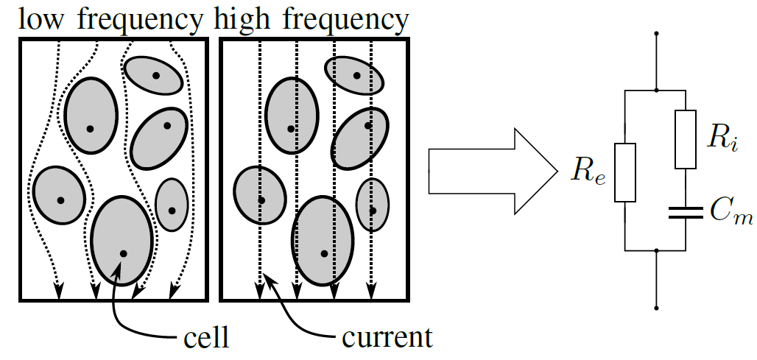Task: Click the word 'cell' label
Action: pyautogui.click(x=205, y=339)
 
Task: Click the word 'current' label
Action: pyautogui.click(x=387, y=339)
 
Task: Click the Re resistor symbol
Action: pyautogui.click(x=624, y=172)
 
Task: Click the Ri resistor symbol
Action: pyautogui.click(x=686, y=139)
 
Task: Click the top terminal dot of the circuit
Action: pyautogui.click(x=656, y=33)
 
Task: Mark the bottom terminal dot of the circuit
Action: pyautogui.click(x=656, y=308)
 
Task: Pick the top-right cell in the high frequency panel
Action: pyautogui.click(x=355, y=74)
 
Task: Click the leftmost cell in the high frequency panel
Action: pyautogui.click(x=260, y=197)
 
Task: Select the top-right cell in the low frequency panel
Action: pyautogui.click(x=153, y=74)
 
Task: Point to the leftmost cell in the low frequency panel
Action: pyautogui.click(x=60, y=195)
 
